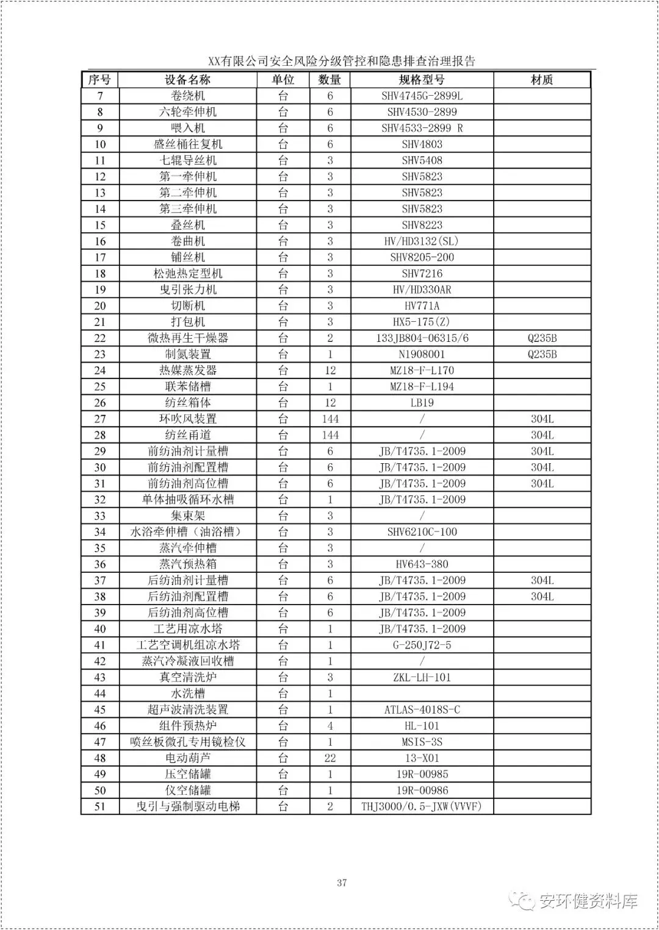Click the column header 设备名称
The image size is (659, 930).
[187, 80]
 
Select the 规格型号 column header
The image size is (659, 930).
[422, 80]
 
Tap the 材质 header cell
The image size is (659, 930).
[542, 80]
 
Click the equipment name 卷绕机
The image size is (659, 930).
[187, 96]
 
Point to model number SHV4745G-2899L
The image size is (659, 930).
[422, 96]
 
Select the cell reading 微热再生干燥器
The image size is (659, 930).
[187, 338]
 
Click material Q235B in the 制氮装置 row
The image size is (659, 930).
[542, 354]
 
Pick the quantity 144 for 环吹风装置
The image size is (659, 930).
[330, 419]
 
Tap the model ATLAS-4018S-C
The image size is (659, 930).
[422, 709]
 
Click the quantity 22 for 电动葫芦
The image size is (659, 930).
[330, 758]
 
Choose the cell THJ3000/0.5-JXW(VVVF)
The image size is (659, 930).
[422, 806]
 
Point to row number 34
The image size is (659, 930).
[100, 532]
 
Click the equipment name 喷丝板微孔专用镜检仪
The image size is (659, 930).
[187, 742]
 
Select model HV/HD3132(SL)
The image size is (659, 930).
[422, 241]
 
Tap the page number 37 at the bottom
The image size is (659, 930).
[342, 882]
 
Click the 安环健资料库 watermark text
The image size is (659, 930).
[588, 901]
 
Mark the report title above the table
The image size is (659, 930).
[342, 61]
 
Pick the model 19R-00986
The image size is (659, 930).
[422, 790]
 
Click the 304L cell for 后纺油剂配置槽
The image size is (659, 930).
[542, 597]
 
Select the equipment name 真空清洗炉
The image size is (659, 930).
[187, 677]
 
